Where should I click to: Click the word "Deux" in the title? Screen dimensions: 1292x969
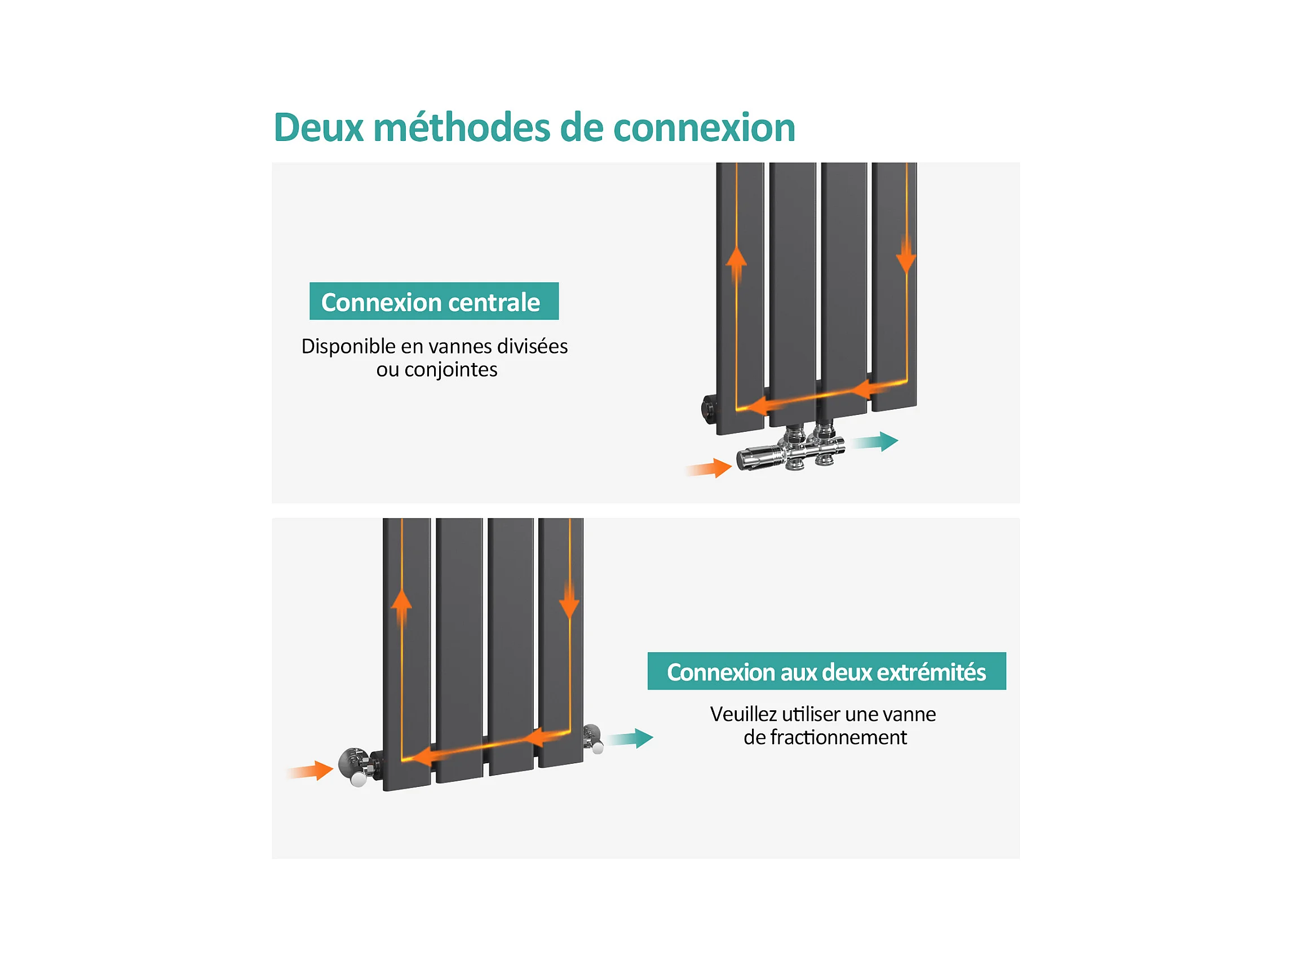click(318, 127)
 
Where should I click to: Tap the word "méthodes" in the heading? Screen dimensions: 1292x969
click(462, 127)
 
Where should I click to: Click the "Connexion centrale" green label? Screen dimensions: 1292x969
click(434, 302)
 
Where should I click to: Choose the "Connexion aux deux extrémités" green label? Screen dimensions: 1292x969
click(826, 671)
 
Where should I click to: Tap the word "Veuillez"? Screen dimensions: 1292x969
click(743, 714)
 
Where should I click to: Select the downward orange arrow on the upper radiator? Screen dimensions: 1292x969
click(906, 255)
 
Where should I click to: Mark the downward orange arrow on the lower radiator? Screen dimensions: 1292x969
click(569, 601)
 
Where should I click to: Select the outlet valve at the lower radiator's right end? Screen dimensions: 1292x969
click(593, 738)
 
